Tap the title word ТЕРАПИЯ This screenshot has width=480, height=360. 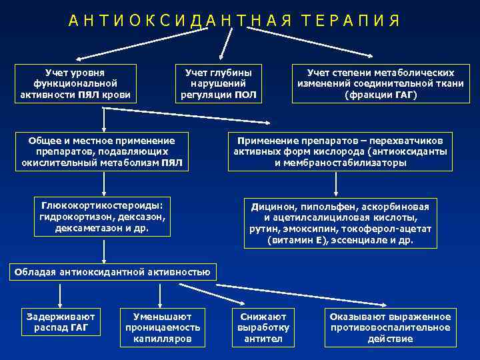tap(349, 21)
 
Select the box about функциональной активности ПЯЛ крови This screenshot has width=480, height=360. tap(75, 83)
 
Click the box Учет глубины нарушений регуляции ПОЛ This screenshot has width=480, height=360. tap(219, 83)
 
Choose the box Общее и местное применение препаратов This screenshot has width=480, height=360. tap(102, 151)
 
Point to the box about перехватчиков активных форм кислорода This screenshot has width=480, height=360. tap(341, 151)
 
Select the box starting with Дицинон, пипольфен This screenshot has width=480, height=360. tap(341, 223)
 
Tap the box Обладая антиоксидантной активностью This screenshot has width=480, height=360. tap(113, 271)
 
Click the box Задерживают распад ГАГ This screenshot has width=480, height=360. tap(60, 323)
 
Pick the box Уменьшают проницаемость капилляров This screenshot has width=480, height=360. tap(163, 328)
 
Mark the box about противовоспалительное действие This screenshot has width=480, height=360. tap(390, 328)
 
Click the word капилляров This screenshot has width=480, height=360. tap(163, 339)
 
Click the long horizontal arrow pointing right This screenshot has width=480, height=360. tap(187, 122)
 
